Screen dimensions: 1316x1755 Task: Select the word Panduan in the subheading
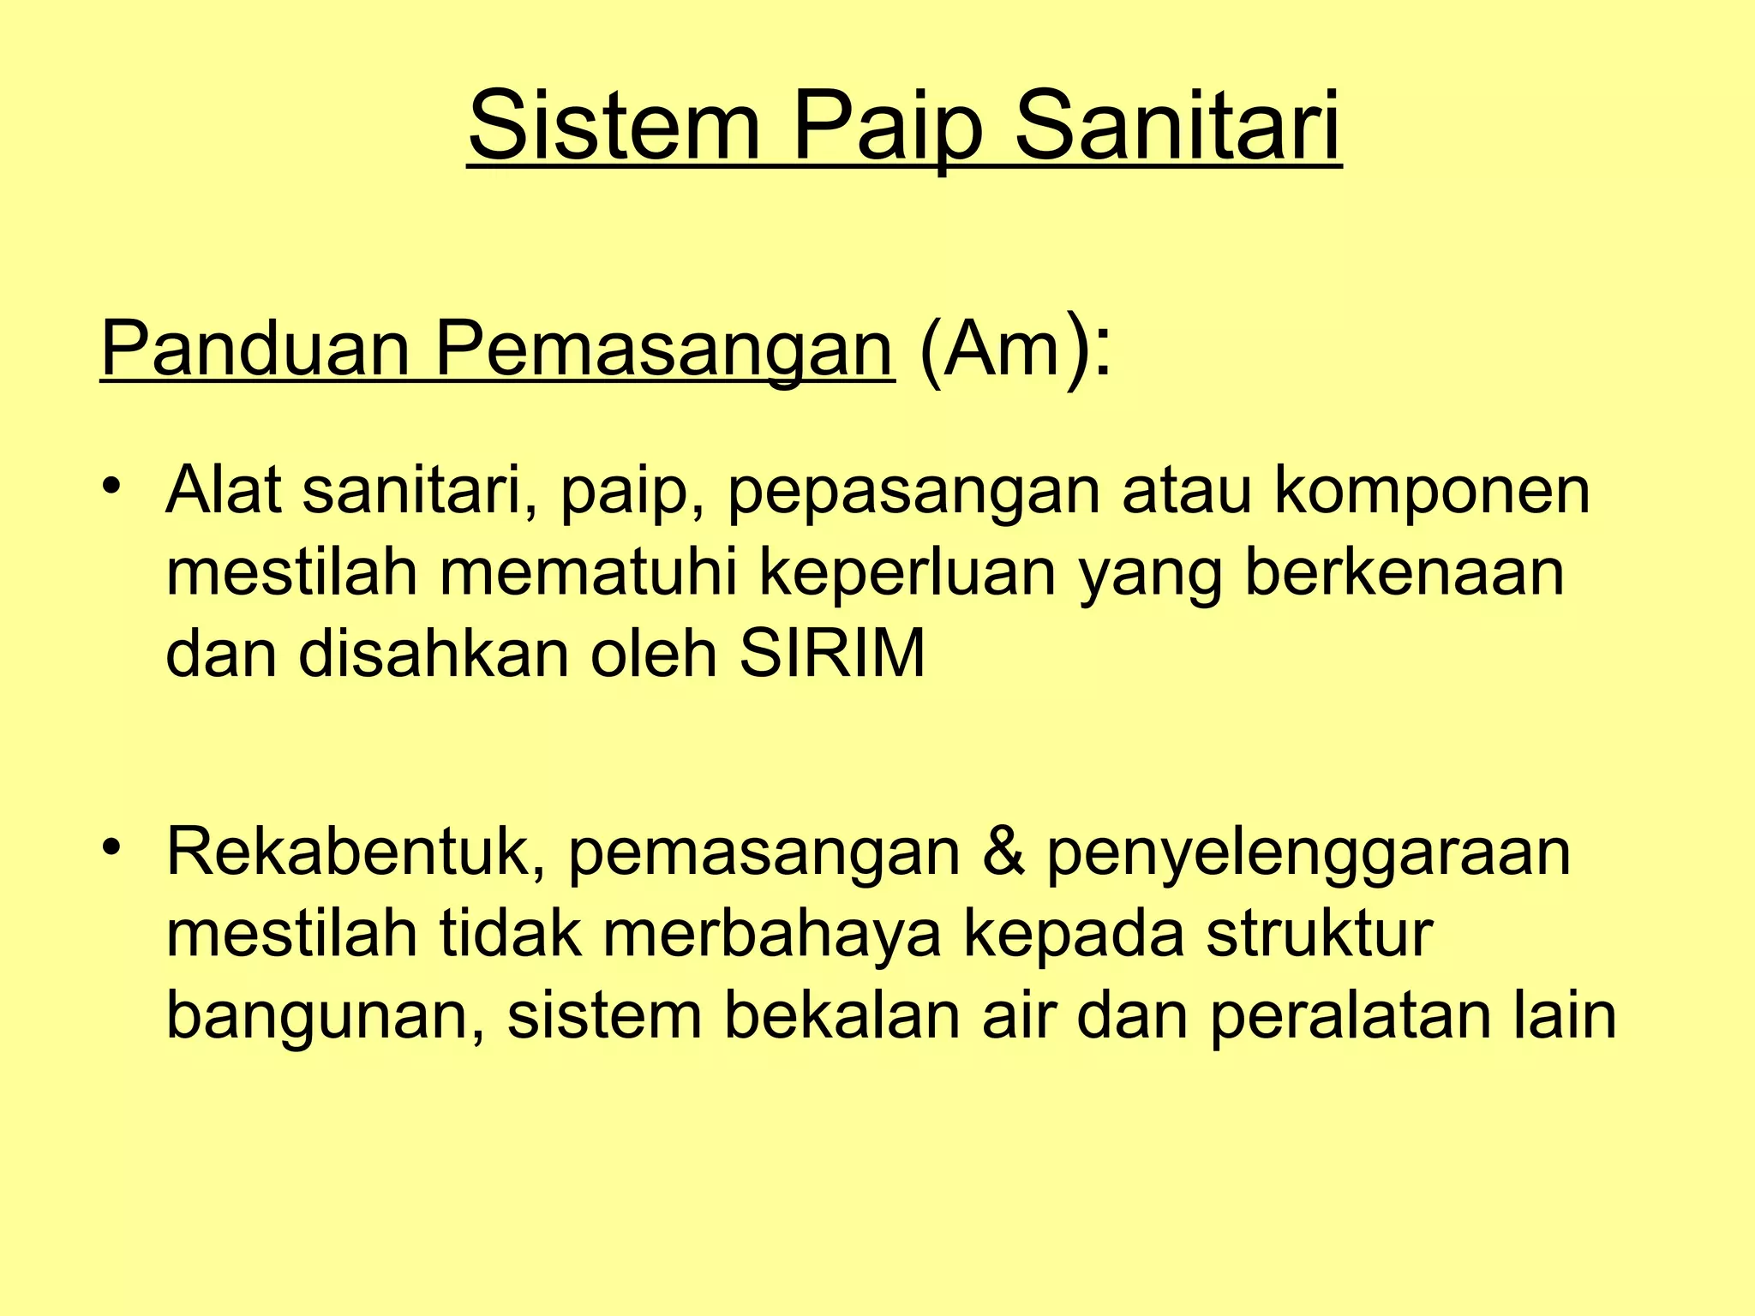[x=255, y=349]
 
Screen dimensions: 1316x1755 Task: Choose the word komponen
[x=1431, y=492]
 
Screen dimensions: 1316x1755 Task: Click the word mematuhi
[x=588, y=573]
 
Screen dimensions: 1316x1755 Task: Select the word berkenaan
[x=1404, y=573]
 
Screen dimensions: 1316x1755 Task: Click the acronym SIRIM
[x=832, y=654]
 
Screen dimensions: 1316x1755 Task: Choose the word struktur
[x=1320, y=933]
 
